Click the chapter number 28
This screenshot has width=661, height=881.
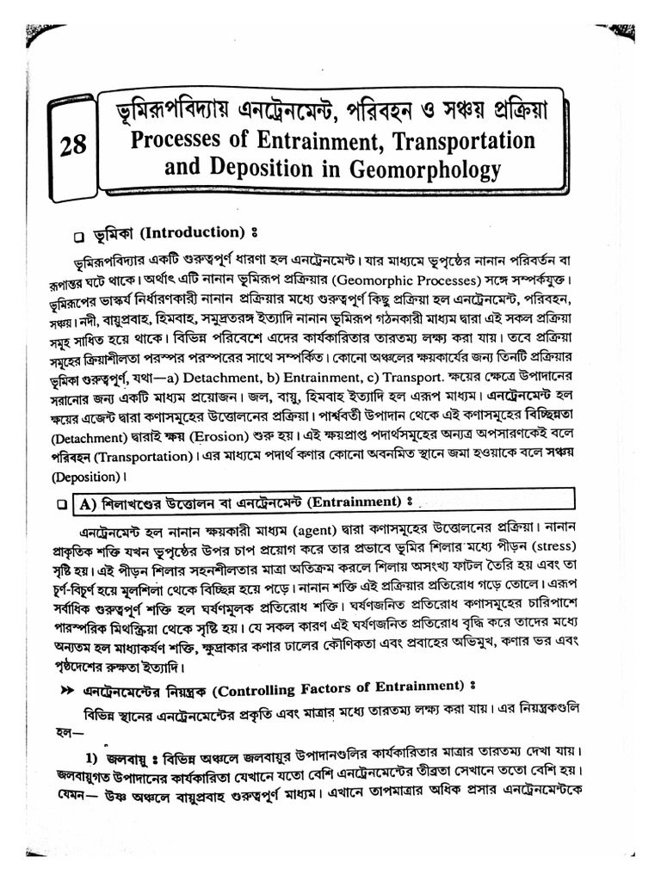tap(75, 145)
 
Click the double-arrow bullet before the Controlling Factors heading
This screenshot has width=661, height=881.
tap(66, 690)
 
